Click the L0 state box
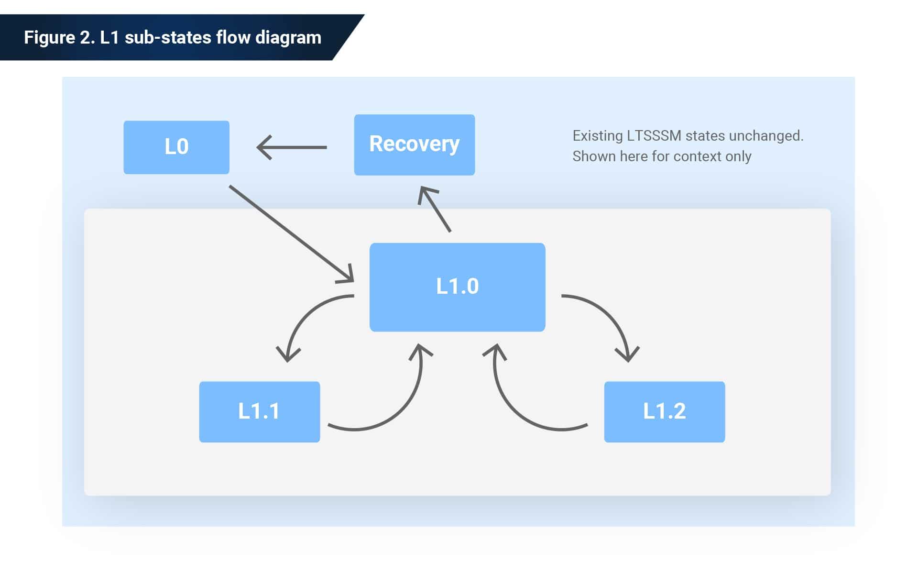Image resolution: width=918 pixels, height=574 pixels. (176, 147)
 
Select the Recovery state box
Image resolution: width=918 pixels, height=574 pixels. (414, 144)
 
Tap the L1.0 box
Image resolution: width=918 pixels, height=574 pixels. (457, 287)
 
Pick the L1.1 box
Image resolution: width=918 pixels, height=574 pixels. (259, 411)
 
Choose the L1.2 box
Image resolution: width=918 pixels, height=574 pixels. (664, 411)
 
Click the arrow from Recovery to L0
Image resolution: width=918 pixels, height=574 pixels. (292, 147)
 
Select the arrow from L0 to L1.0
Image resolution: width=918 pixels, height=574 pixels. (292, 233)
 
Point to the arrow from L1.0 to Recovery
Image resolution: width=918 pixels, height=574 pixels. (435, 210)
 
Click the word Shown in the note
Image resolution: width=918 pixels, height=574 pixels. (594, 156)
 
